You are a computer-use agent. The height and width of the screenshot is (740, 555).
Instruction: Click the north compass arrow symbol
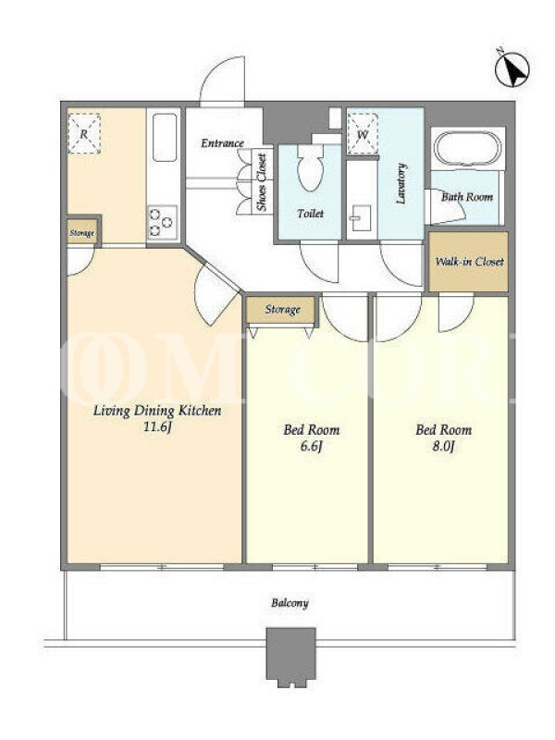pos(512,69)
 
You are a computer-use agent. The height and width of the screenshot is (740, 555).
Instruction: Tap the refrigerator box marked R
pos(84,133)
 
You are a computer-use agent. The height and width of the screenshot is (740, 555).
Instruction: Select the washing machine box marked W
pos(363,134)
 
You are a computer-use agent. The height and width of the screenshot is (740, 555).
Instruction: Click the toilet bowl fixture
pos(310,166)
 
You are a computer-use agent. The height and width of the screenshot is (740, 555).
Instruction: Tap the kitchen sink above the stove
pos(165,137)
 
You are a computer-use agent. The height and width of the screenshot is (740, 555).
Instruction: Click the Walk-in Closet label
pos(469,262)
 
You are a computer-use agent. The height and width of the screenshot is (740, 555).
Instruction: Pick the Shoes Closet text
pos(261,181)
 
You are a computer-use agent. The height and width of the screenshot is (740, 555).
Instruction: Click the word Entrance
pos(222,143)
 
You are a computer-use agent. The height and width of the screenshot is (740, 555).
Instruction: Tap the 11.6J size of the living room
pos(157,427)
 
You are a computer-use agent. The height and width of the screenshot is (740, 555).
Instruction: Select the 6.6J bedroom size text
pos(311,446)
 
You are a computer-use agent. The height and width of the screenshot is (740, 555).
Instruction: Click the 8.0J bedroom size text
pos(443,446)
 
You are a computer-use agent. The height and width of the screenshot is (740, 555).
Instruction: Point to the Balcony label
pos(290,603)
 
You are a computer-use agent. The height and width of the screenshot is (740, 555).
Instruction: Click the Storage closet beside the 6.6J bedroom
pos(282,310)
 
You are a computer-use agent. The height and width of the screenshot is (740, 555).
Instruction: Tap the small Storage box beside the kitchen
pos(82,233)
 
